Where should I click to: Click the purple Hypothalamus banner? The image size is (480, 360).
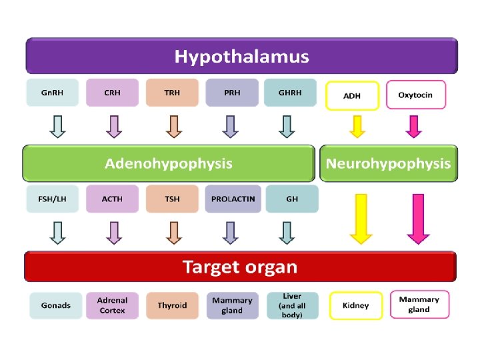click(x=242, y=56)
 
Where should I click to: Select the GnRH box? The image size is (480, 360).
click(x=53, y=93)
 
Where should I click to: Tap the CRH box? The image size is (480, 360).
click(x=113, y=93)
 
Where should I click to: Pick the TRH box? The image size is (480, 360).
click(x=172, y=93)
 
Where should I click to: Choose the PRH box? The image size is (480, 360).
click(x=232, y=93)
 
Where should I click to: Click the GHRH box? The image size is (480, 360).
click(x=290, y=93)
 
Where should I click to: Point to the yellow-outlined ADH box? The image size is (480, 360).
click(x=353, y=95)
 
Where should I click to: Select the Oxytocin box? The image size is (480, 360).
click(x=416, y=95)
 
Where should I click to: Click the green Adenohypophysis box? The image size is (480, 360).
click(x=169, y=163)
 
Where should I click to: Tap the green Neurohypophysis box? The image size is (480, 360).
click(x=389, y=163)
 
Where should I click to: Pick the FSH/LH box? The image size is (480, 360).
click(x=53, y=199)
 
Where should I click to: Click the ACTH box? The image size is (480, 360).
click(x=113, y=199)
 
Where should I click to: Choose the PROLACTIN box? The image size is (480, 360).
click(x=233, y=199)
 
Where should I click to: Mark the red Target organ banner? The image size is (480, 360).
click(x=240, y=266)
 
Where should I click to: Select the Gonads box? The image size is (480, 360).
click(x=56, y=305)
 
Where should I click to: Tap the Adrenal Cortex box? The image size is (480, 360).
click(x=113, y=305)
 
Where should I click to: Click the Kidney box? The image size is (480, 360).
click(x=356, y=305)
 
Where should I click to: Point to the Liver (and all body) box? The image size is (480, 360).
click(x=293, y=305)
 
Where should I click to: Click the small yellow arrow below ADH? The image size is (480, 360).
click(x=357, y=127)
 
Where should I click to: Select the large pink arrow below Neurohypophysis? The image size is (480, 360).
click(x=418, y=219)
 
